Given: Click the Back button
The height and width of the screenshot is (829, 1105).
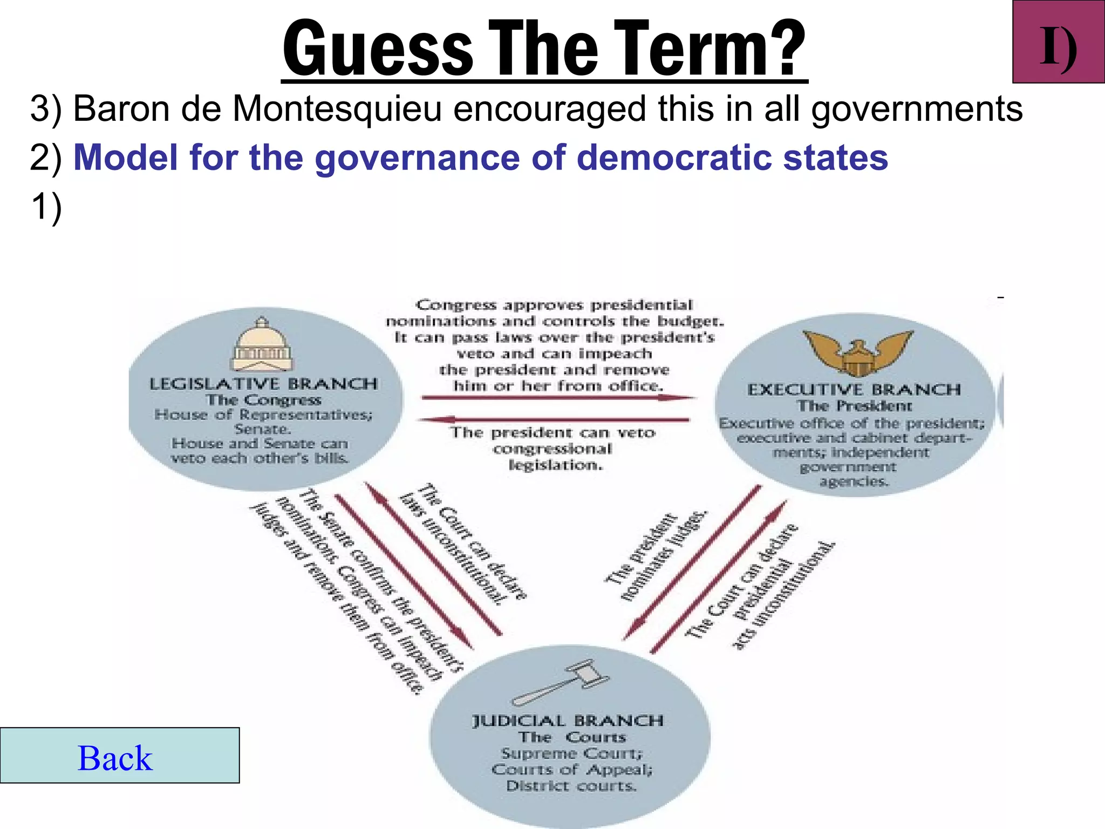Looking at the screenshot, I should [x=119, y=756].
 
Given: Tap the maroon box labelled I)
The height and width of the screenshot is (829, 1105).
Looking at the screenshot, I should [x=1058, y=42].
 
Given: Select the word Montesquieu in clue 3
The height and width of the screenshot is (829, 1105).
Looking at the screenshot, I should [x=337, y=108].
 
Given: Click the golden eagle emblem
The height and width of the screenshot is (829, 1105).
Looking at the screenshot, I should [x=857, y=352].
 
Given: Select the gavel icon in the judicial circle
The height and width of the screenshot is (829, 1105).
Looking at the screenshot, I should [x=561, y=683].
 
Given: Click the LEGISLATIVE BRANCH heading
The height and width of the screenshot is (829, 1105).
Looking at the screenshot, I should [x=263, y=384].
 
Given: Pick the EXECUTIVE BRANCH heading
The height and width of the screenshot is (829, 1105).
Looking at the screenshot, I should [x=854, y=390].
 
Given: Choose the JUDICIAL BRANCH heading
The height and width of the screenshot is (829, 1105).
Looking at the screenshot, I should [x=568, y=721].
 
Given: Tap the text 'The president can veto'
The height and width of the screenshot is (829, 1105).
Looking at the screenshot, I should [x=553, y=433].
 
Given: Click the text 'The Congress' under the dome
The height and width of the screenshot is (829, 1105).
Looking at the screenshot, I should [x=263, y=400].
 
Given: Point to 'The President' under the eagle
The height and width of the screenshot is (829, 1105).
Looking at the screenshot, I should [x=855, y=406].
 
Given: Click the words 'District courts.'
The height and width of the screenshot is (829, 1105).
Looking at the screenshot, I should [x=571, y=786].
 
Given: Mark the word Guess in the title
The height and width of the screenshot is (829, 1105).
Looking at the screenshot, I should [x=378, y=49].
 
